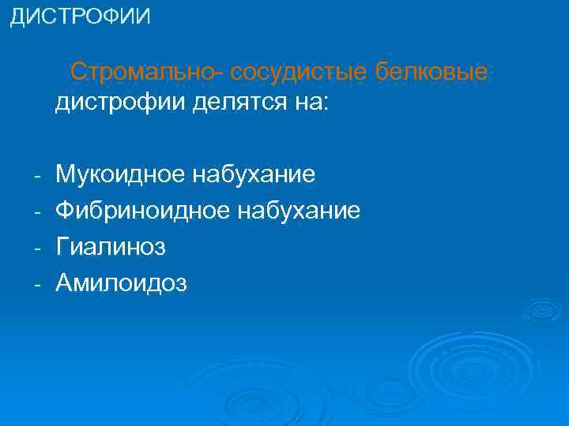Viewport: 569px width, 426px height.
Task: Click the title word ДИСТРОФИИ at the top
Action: [x=79, y=17]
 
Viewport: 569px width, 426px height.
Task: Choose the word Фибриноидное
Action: [x=141, y=211]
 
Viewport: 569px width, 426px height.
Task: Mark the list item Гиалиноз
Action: [x=111, y=247]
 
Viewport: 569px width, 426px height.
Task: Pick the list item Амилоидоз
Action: [x=122, y=283]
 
